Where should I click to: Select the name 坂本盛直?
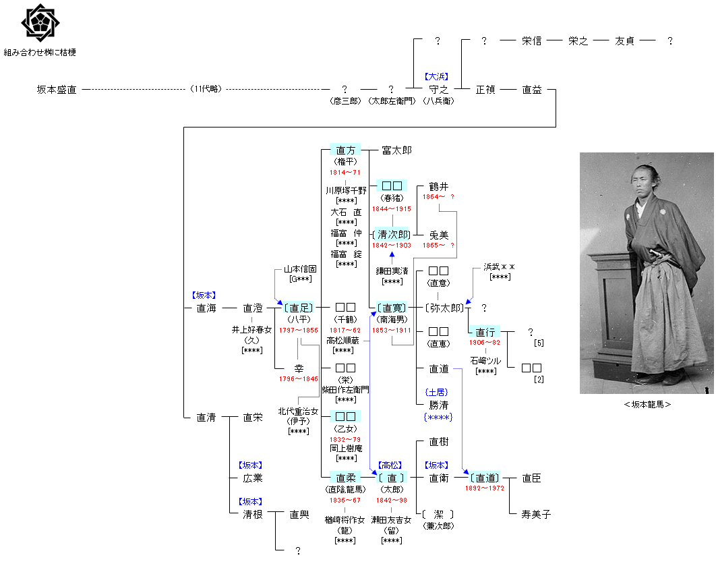pyautogui.click(x=57, y=89)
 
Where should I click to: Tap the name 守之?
pyautogui.click(x=438, y=89)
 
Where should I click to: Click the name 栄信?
pyautogui.click(x=531, y=40)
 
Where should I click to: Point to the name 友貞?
pyautogui.click(x=624, y=40)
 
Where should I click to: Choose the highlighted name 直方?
pyautogui.click(x=345, y=150)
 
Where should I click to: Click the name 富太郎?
pyautogui.click(x=396, y=150)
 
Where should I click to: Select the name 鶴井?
pyautogui.click(x=438, y=186)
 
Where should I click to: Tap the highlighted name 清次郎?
pyautogui.click(x=392, y=235)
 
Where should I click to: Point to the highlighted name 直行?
pyautogui.click(x=485, y=332)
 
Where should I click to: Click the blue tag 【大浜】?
pyautogui.click(x=437, y=77)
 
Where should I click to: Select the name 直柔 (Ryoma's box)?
pyautogui.click(x=345, y=478)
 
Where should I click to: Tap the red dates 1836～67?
pyautogui.click(x=345, y=501)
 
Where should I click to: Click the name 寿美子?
pyautogui.click(x=536, y=514)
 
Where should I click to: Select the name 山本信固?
pyautogui.click(x=300, y=268)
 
